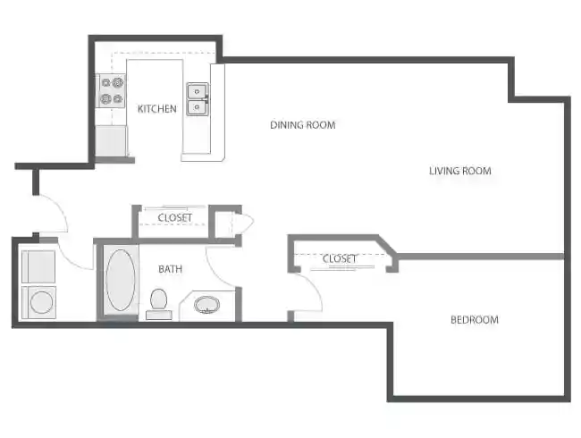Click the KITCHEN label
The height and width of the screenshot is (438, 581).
pyautogui.click(x=157, y=109)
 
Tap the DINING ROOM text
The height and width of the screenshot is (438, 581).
pyautogui.click(x=303, y=125)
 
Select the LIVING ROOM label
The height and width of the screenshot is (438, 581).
pyautogui.click(x=460, y=171)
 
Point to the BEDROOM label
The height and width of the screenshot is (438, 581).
pyautogui.click(x=475, y=319)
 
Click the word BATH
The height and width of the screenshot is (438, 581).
pyautogui.click(x=171, y=269)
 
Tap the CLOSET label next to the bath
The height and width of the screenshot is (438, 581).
pyautogui.click(x=175, y=217)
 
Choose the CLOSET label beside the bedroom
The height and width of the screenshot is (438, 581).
pyautogui.click(x=340, y=259)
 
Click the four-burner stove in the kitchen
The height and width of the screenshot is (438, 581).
pyautogui.click(x=112, y=91)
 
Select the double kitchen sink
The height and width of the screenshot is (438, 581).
pyautogui.click(x=198, y=100)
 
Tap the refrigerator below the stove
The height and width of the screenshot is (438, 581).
pyautogui.click(x=112, y=141)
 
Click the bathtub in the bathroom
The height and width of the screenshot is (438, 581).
pyautogui.click(x=121, y=280)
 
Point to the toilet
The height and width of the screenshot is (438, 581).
pyautogui.click(x=159, y=303)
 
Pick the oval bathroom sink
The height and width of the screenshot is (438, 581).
pyautogui.click(x=207, y=305)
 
